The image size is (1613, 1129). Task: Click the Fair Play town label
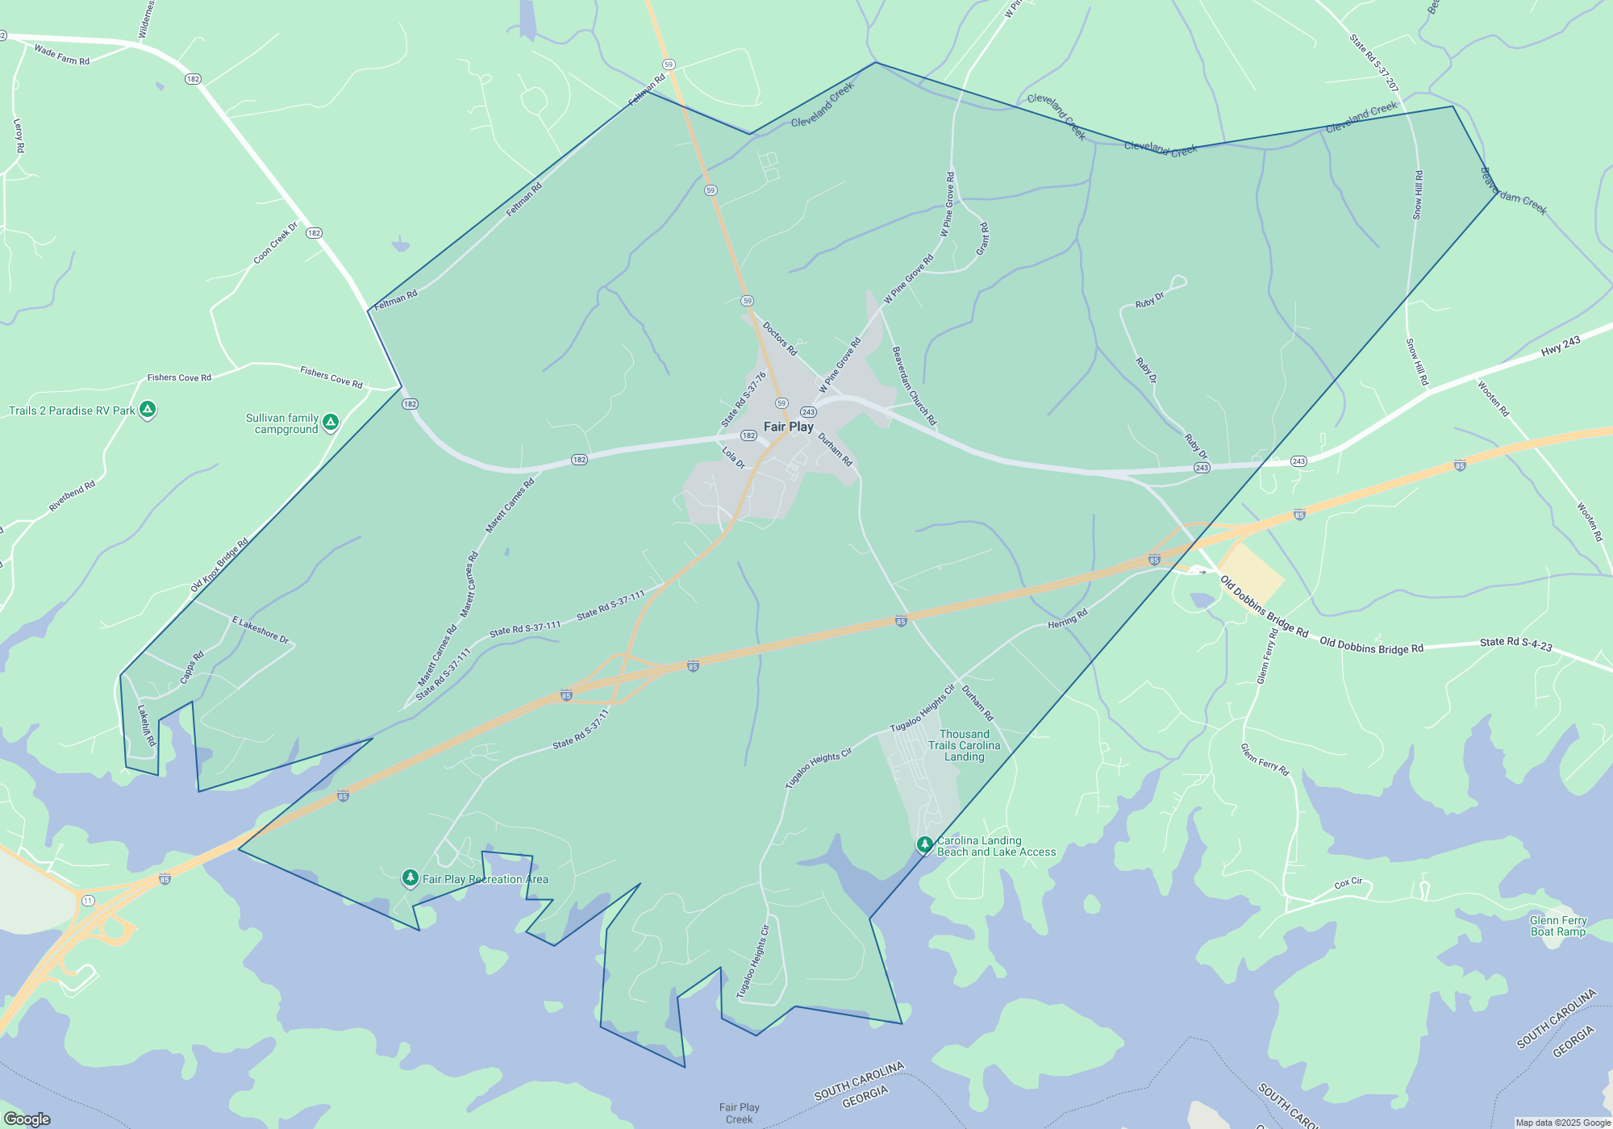[788, 427]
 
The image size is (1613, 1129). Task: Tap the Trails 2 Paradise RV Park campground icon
[148, 410]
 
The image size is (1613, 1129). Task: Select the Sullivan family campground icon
[331, 422]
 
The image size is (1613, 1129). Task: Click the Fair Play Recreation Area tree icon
[411, 877]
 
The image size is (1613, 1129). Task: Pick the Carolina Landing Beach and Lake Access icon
[925, 845]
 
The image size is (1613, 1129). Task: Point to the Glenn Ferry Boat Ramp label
[1557, 926]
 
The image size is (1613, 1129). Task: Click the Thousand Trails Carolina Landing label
[964, 745]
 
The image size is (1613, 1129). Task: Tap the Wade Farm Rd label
[62, 55]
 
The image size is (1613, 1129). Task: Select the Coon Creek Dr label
[276, 243]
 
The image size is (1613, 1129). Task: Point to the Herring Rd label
[1068, 619]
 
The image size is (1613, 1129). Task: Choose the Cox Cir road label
[1348, 883]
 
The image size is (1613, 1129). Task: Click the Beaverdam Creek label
[1514, 191]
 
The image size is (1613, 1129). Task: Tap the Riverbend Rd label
[72, 496]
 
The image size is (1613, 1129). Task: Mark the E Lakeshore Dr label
[260, 629]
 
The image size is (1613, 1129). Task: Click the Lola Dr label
[733, 457]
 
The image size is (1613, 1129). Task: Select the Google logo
[27, 1119]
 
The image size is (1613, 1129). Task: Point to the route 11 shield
[88, 900]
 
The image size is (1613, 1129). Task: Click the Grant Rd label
[982, 239]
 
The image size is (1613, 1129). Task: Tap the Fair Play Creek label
[739, 1113]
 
